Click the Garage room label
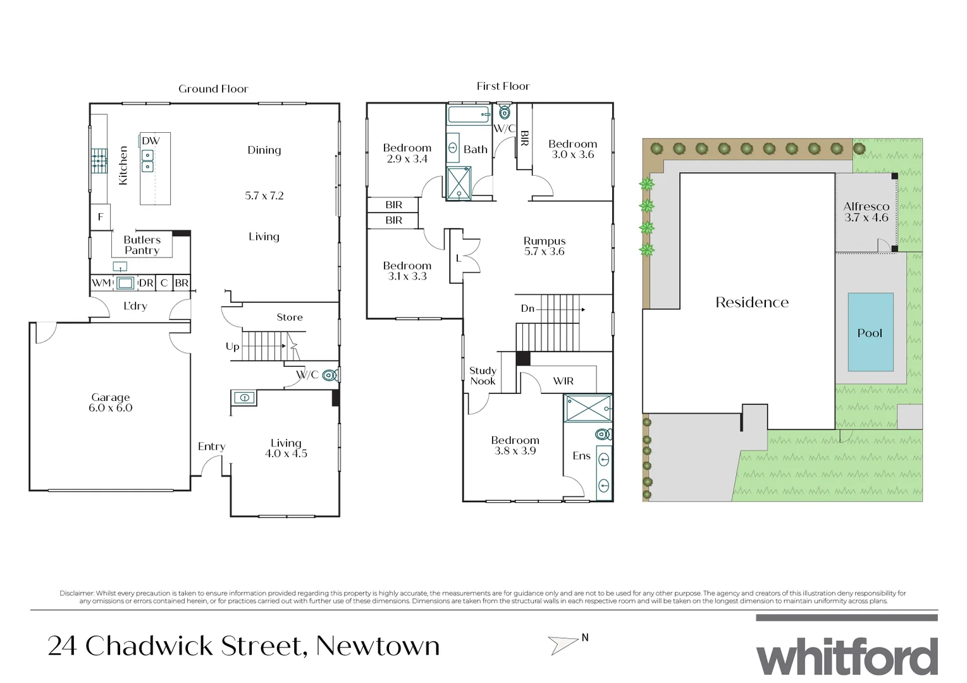pyautogui.click(x=111, y=402)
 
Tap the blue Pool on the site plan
pyautogui.click(x=870, y=332)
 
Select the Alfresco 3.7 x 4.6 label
pyautogui.click(x=866, y=212)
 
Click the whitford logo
pyautogui.click(x=847, y=656)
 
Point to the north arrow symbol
pyautogui.click(x=563, y=644)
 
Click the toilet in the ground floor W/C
pyautogui.click(x=330, y=375)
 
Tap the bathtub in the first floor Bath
pyautogui.click(x=469, y=115)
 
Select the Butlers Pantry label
pyautogui.click(x=142, y=245)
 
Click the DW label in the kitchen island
pyautogui.click(x=151, y=140)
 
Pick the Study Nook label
pyautogui.click(x=483, y=376)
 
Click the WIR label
pyautogui.click(x=563, y=381)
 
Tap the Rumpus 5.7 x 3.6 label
pyautogui.click(x=544, y=246)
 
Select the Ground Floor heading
pyautogui.click(x=213, y=89)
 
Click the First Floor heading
pyautogui.click(x=503, y=86)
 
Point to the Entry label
pyautogui.click(x=211, y=446)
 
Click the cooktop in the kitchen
pyautogui.click(x=99, y=161)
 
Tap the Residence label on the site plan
pyautogui.click(x=752, y=302)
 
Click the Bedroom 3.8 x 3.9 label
pyautogui.click(x=515, y=445)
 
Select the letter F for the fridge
pyautogui.click(x=100, y=218)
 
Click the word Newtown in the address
pyautogui.click(x=378, y=646)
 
